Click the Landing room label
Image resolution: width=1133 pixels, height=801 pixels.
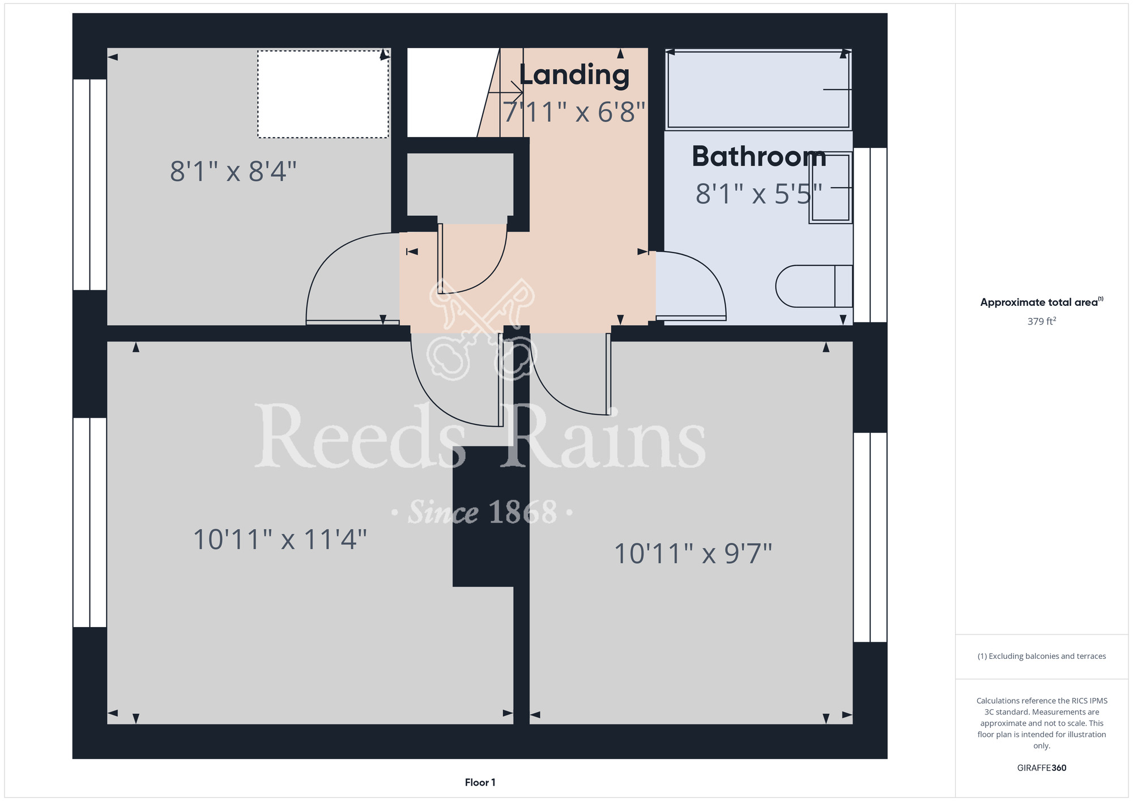[574, 75]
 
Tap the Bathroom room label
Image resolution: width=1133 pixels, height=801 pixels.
[759, 156]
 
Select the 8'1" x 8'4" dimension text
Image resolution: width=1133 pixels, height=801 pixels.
[233, 171]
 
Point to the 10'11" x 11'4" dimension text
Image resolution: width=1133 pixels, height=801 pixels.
[280, 539]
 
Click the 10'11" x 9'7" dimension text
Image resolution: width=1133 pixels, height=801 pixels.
[693, 553]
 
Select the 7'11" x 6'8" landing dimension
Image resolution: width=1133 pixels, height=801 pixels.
[574, 112]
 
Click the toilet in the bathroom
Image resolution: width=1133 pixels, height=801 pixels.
[814, 286]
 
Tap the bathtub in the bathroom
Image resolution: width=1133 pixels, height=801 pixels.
[759, 90]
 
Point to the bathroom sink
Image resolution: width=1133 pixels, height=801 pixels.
[831, 187]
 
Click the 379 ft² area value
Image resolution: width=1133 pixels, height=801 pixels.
[1042, 321]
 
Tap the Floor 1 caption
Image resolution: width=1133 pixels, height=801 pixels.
[480, 782]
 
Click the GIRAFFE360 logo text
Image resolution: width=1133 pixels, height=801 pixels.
[1042, 768]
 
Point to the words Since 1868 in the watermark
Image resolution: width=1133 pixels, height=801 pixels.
[483, 513]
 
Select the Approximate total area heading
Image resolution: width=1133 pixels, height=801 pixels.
[1042, 302]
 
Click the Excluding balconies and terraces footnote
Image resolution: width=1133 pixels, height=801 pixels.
[1042, 656]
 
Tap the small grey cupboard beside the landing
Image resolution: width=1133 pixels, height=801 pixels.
[460, 185]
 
